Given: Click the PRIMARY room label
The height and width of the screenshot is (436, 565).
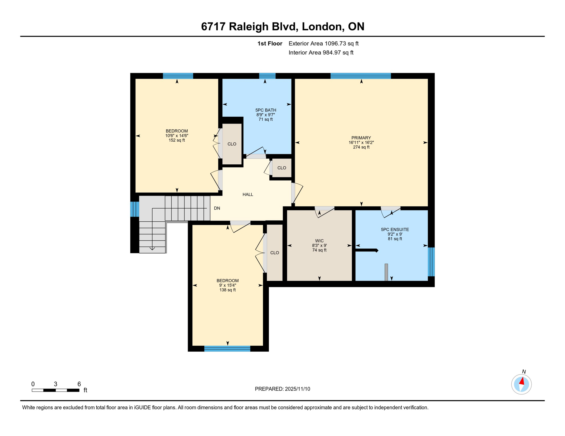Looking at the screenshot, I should pyautogui.click(x=361, y=138).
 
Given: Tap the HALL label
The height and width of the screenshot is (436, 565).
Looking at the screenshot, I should pyautogui.click(x=248, y=194).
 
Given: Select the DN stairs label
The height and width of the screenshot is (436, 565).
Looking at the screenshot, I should pyautogui.click(x=217, y=208).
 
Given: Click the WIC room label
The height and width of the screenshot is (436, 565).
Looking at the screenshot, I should pyautogui.click(x=319, y=241).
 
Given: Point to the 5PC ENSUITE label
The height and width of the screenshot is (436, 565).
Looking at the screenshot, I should pyautogui.click(x=395, y=229).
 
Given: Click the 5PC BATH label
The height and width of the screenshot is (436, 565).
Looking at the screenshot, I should pyautogui.click(x=265, y=110).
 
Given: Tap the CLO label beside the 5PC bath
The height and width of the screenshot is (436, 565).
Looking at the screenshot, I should pyautogui.click(x=232, y=144).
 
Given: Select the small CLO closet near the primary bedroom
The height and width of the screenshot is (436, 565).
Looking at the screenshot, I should pyautogui.click(x=281, y=168).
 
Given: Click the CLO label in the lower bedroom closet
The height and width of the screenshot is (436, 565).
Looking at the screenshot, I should pyautogui.click(x=274, y=253).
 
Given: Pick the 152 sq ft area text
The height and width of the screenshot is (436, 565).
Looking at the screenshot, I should pyautogui.click(x=176, y=140).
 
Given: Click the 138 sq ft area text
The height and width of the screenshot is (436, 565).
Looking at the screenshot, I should pyautogui.click(x=227, y=290).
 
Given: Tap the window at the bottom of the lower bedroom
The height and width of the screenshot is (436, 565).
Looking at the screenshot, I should pyautogui.click(x=227, y=349).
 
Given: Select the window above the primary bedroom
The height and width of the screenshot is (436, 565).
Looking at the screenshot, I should pyautogui.click(x=360, y=76).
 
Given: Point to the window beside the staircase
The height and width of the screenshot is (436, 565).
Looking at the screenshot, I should pyautogui.click(x=134, y=209).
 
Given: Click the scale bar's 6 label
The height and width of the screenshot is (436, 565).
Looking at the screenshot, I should pyautogui.click(x=79, y=384).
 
